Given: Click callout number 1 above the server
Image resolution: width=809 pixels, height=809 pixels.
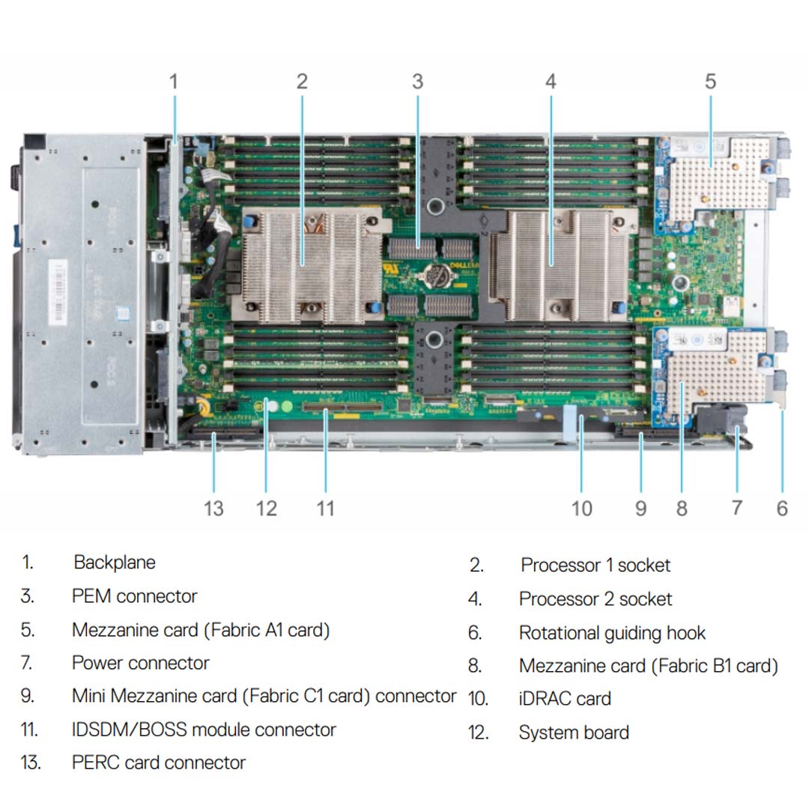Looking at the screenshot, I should pos(174,81).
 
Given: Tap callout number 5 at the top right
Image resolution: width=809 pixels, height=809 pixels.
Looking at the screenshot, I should pos(710,81).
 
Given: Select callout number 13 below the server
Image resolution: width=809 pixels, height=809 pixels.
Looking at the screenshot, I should pos(213,509).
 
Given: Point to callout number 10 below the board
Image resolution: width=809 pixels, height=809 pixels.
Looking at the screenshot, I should pos(582,509).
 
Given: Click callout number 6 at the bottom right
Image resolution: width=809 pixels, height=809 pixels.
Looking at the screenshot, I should pos(782,509).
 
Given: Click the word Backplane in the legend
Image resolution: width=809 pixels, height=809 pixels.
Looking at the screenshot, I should pos(115,563).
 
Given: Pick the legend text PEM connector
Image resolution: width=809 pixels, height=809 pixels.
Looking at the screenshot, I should pos(135,596).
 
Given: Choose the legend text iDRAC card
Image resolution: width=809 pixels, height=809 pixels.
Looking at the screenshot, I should pos(565,699).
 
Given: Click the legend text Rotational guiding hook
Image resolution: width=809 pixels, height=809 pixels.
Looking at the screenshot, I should pos(612,633).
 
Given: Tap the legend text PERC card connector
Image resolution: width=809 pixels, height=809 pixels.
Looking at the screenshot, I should pos(159,763).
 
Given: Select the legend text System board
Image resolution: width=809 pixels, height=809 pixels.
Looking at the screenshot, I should pos(574,733).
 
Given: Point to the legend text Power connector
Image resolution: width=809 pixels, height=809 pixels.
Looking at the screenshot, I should pos(141,663).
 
